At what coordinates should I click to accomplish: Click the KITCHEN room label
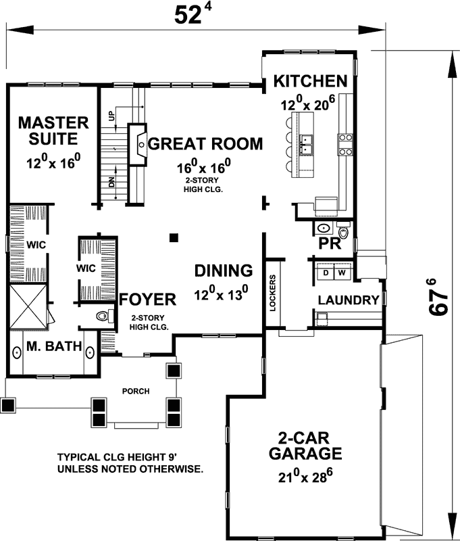tap(310, 82)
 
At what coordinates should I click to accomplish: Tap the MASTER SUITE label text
tap(53, 131)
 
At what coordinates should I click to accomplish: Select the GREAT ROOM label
tap(205, 143)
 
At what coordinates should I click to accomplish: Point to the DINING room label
tap(224, 270)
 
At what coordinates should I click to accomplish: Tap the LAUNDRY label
tap(348, 300)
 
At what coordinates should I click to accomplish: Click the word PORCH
tap(135, 392)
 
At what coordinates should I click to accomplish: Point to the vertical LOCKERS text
tap(272, 292)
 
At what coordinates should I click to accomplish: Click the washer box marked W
tap(341, 273)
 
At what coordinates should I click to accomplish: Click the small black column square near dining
tap(174, 237)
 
